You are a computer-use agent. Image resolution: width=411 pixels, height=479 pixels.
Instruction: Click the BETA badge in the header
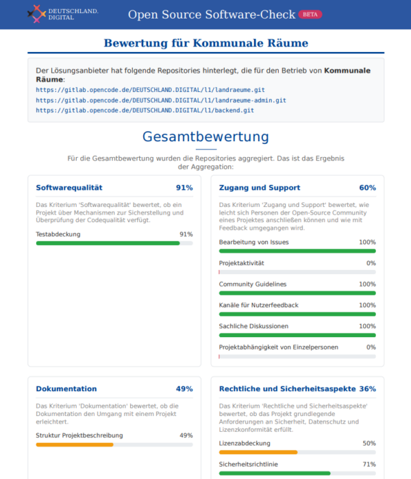pyautogui.click(x=310, y=14)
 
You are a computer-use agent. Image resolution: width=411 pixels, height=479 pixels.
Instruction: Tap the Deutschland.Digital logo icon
pyautogui.click(x=36, y=14)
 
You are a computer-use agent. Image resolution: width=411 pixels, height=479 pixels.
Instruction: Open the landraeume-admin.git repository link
pyautogui.click(x=161, y=100)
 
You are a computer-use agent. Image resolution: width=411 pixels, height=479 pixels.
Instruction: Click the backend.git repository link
pyautogui.click(x=145, y=110)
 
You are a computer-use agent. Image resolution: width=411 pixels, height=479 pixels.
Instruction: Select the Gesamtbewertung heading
pyautogui.click(x=206, y=136)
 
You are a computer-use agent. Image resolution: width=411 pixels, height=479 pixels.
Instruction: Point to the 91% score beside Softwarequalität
pyautogui.click(x=184, y=188)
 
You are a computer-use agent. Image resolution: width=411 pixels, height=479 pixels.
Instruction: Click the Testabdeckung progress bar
pyautogui.click(x=114, y=243)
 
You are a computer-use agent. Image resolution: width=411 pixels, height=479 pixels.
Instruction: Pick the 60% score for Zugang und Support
pyautogui.click(x=367, y=188)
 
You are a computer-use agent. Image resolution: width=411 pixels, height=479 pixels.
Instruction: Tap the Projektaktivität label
pyautogui.click(x=241, y=263)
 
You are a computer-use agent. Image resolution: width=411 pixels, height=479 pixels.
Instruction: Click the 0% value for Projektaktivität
pyautogui.click(x=371, y=263)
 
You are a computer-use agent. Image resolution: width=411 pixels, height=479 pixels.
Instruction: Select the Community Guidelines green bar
pyautogui.click(x=297, y=293)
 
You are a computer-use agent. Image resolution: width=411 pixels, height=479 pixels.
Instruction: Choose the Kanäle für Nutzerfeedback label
pyautogui.click(x=259, y=305)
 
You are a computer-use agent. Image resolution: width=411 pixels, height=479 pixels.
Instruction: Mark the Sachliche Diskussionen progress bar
pyautogui.click(x=297, y=335)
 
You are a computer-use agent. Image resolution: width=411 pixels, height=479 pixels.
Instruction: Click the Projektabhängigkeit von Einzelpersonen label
pyautogui.click(x=279, y=347)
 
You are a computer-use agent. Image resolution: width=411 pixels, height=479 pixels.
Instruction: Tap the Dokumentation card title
pyautogui.click(x=66, y=389)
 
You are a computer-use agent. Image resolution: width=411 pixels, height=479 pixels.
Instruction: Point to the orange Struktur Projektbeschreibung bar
pyautogui.click(x=75, y=445)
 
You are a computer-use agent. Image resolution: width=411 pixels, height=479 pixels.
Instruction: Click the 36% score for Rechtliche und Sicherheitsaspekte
pyautogui.click(x=367, y=389)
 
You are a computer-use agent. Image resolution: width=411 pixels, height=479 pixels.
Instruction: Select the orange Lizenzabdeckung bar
pyautogui.click(x=258, y=452)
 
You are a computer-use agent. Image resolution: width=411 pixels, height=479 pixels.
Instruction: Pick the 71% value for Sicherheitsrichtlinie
pyautogui.click(x=369, y=465)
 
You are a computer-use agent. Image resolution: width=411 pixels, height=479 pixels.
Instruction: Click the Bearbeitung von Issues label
pyautogui.click(x=253, y=243)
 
